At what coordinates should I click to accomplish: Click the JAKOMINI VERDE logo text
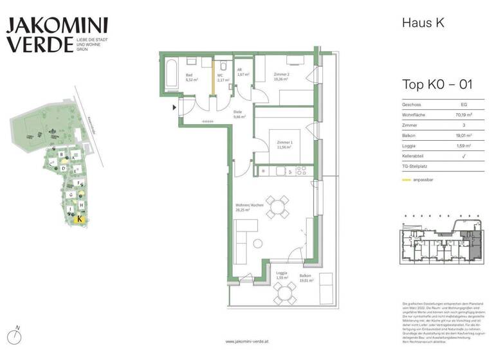coord(57,35)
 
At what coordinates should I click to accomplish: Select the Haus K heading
coord(423,23)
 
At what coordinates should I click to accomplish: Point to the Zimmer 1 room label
coord(284,143)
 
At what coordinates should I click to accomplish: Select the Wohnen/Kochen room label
coord(245,207)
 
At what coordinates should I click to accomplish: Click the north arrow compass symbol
coord(19,336)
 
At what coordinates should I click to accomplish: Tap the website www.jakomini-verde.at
coord(247,341)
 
